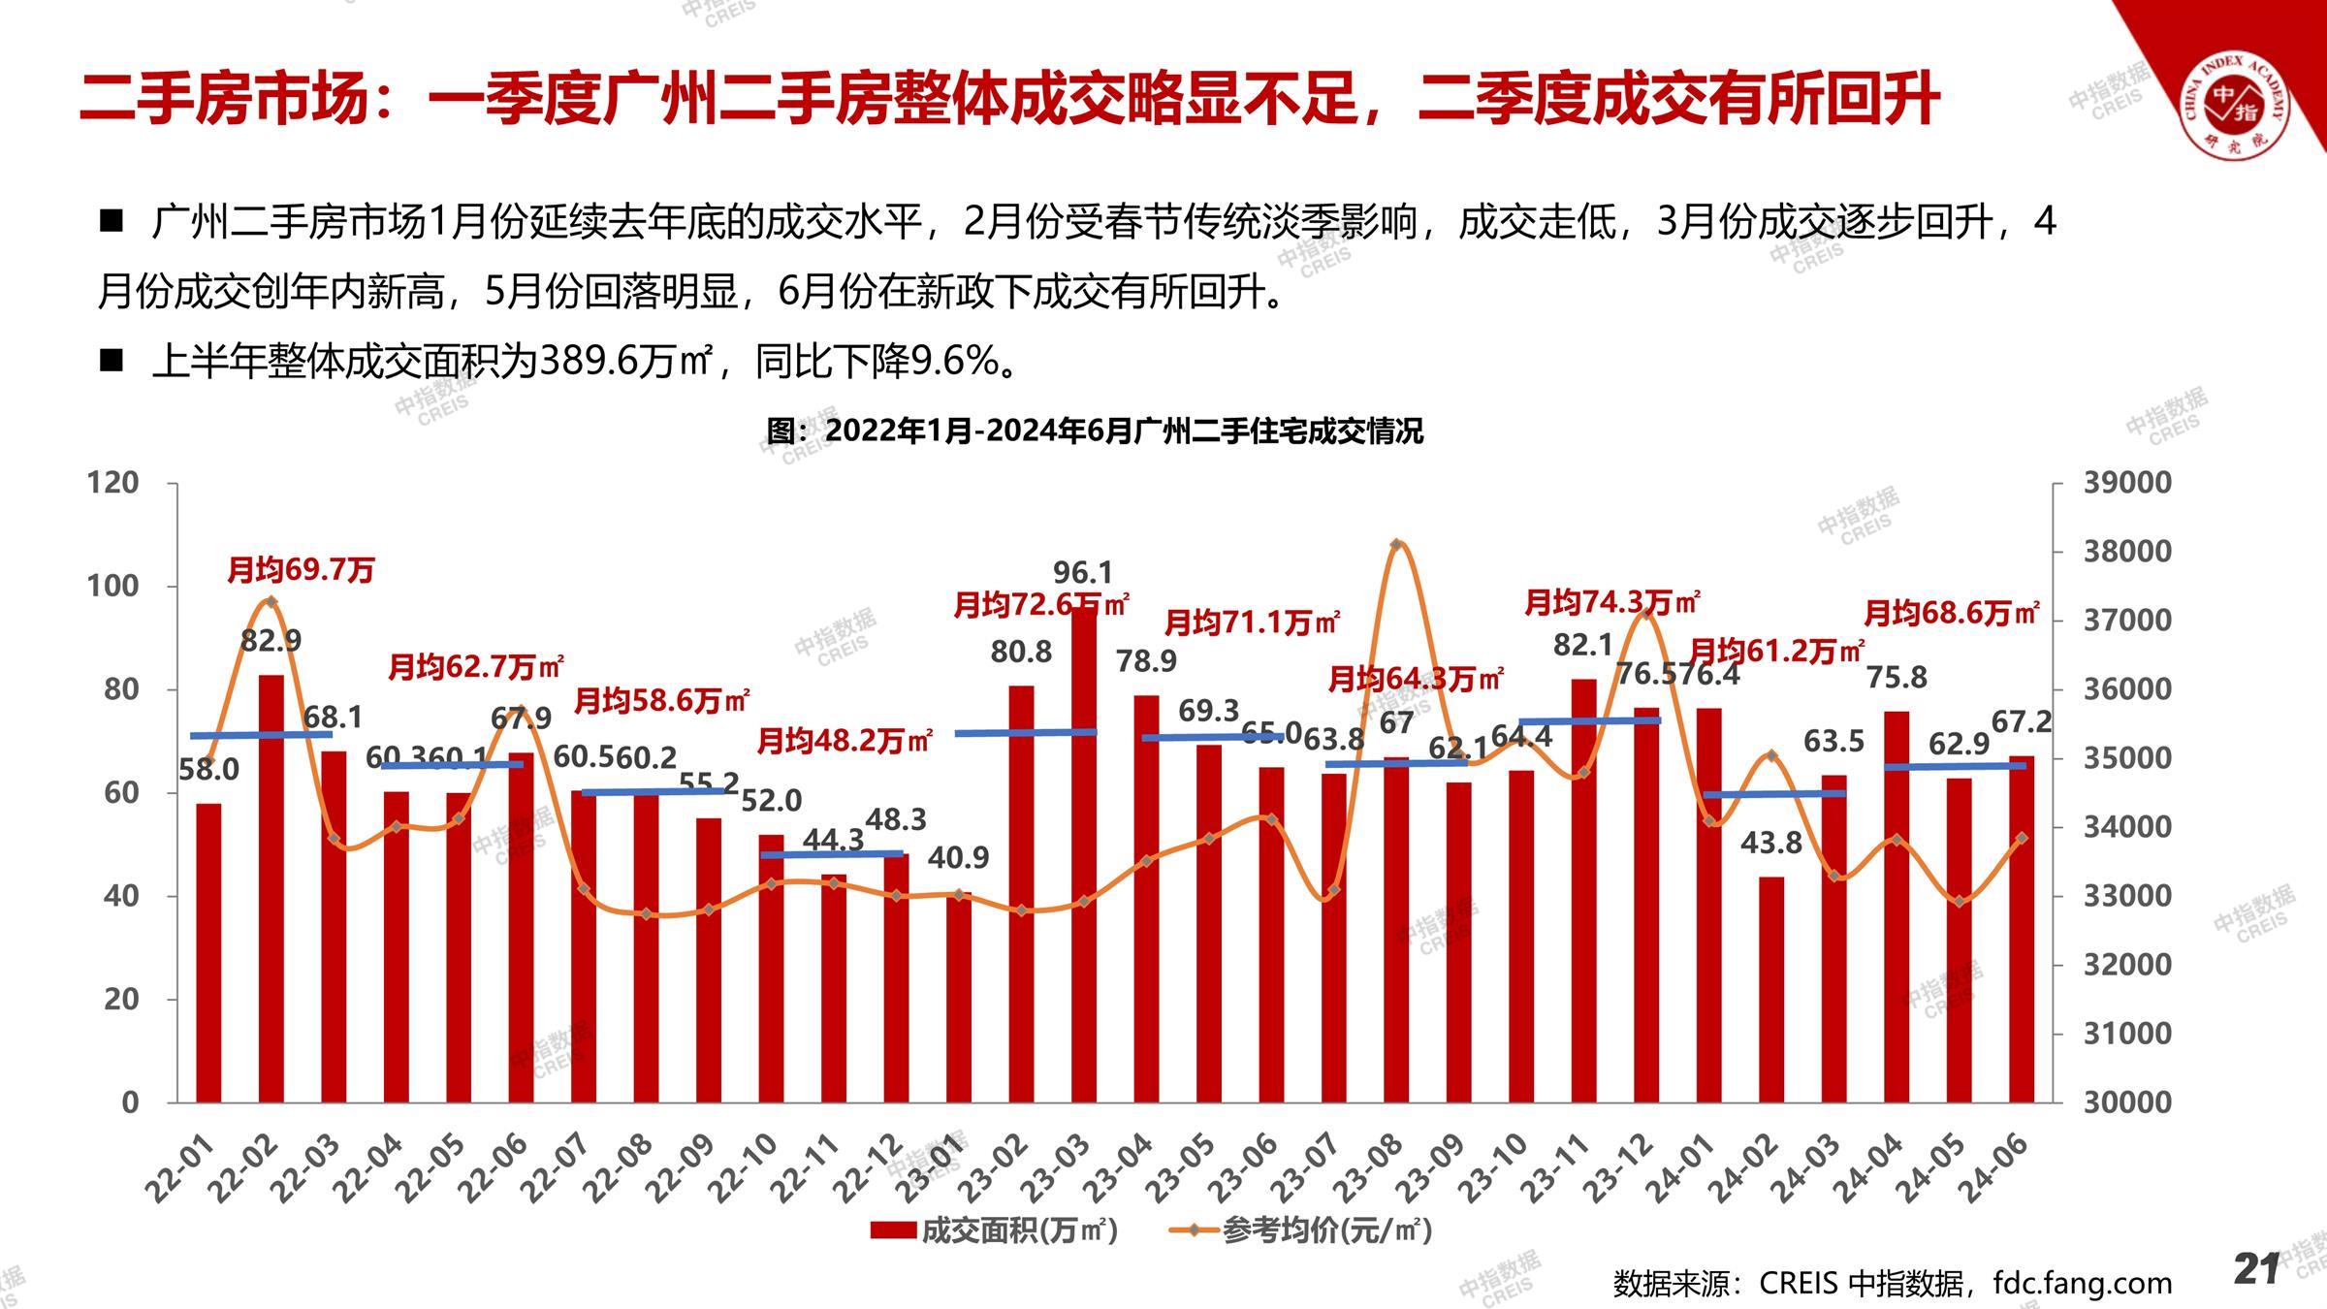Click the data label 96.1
[1083, 572]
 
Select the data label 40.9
[958, 857]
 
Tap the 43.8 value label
[1770, 843]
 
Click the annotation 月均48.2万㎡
[845, 742]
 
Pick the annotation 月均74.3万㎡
[1612, 603]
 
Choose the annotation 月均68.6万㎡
[1952, 613]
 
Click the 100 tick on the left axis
[112, 586]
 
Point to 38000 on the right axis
[2127, 551]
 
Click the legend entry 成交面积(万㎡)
[995, 1230]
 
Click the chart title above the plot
[1094, 431]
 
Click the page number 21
[2255, 1268]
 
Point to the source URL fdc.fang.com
[2082, 1283]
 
